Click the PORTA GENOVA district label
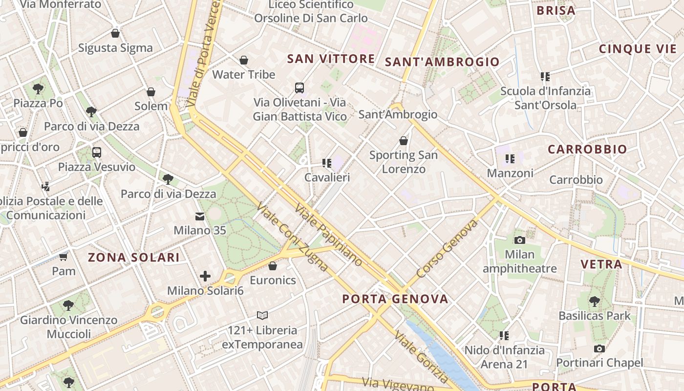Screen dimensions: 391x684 [395, 299]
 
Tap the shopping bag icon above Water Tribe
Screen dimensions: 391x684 [243, 60]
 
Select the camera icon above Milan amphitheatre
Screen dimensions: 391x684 [519, 239]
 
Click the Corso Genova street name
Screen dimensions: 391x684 [448, 249]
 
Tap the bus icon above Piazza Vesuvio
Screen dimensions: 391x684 [97, 152]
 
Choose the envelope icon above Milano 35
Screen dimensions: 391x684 [200, 216]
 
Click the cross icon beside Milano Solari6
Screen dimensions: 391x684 [205, 277]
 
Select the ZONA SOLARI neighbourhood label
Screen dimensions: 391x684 [133, 257]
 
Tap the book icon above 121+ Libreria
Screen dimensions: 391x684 [262, 315]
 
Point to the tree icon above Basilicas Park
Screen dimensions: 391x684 [594, 301]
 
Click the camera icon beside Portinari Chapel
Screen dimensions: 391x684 [599, 348]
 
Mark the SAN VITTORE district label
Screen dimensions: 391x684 [331, 59]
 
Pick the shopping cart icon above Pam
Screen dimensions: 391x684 [64, 257]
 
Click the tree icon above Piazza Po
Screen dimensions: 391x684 [38, 88]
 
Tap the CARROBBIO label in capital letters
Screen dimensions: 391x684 [587, 150]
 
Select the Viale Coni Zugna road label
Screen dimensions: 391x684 [292, 237]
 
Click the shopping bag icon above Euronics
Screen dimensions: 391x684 [273, 266]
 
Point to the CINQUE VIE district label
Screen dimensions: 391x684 [638, 49]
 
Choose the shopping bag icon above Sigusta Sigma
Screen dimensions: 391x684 [115, 33]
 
